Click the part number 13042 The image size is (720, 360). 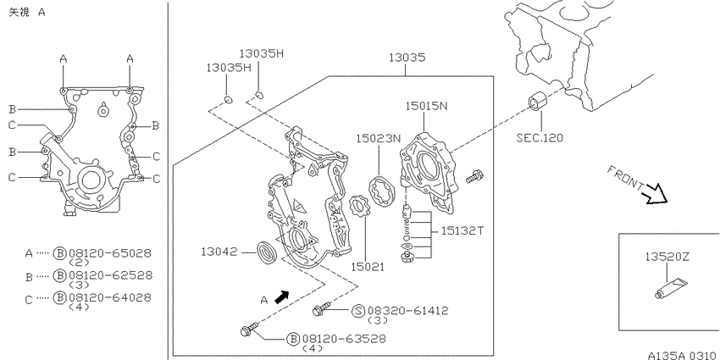point(219,252)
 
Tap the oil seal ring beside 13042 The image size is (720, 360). point(266,252)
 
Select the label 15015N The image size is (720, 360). point(426,106)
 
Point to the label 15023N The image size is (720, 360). point(379,138)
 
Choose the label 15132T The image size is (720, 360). point(462,230)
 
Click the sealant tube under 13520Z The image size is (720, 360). point(670,287)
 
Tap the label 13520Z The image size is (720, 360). point(668,258)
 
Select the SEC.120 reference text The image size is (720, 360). point(540,138)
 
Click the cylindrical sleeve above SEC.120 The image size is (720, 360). point(539,102)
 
